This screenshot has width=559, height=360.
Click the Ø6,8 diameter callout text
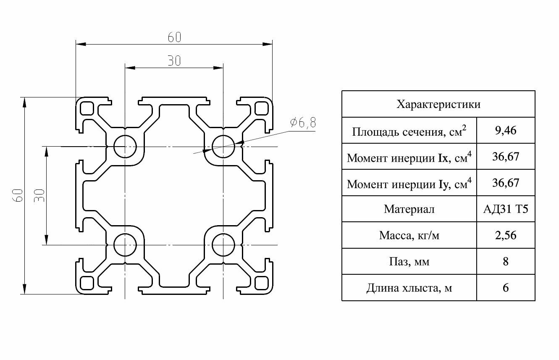point(303,123)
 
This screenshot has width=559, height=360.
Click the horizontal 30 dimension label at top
point(174,61)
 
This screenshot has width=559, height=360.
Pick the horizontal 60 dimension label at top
point(174,37)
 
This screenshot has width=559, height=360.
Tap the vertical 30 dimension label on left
point(39,195)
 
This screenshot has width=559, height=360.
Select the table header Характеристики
point(438,104)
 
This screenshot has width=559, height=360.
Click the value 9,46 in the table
point(506,131)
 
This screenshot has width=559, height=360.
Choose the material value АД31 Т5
point(506,209)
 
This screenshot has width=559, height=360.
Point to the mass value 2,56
point(506,235)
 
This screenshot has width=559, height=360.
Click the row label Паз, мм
point(409,262)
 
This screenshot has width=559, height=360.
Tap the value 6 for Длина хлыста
point(506,288)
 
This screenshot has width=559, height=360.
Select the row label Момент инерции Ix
point(409,158)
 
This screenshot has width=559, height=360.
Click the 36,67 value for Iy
point(506,183)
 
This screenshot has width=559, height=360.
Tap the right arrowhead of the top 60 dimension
point(267,44)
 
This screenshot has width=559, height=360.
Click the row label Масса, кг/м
point(409,235)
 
